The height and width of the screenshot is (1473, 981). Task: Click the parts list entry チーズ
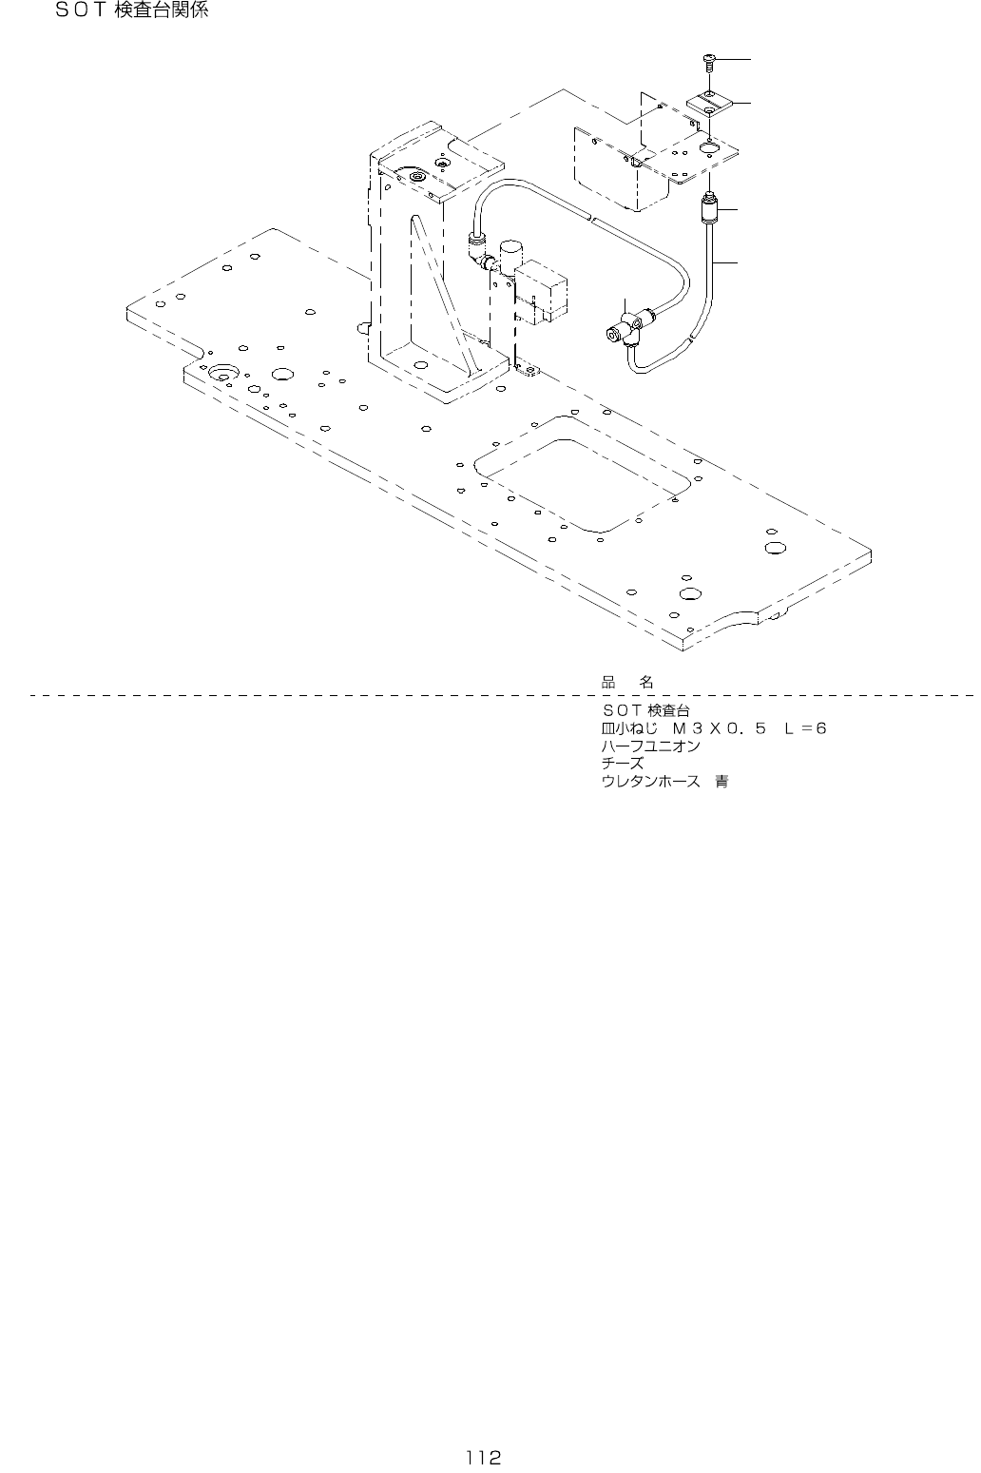(622, 764)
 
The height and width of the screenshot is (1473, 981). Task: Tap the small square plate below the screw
(709, 102)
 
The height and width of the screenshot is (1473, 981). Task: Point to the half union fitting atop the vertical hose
(708, 205)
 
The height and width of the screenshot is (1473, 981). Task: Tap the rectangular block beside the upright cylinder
(542, 285)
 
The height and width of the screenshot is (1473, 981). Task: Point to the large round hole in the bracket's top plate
(710, 146)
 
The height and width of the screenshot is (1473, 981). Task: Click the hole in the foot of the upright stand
(420, 364)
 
